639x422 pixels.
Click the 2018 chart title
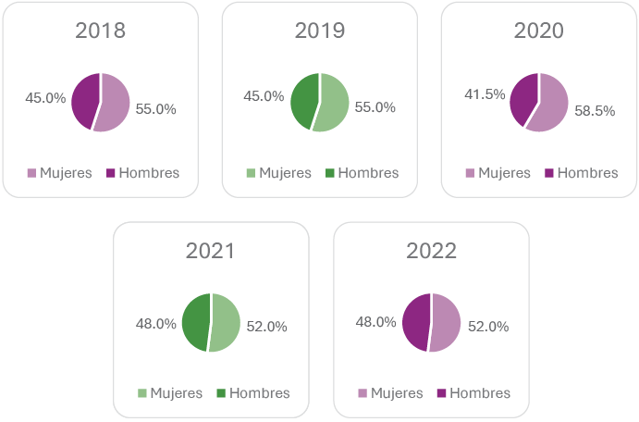click(x=100, y=31)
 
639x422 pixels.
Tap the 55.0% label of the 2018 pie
click(x=155, y=108)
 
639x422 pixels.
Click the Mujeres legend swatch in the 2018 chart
click(x=31, y=173)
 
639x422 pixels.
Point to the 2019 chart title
click(x=320, y=31)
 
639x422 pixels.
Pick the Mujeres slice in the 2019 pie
click(x=334, y=103)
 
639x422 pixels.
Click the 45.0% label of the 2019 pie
click(x=264, y=95)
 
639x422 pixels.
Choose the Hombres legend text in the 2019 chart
click(x=368, y=173)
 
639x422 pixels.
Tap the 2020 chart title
click(x=538, y=31)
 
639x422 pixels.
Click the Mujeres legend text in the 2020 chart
click(x=504, y=173)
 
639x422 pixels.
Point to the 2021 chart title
click(x=210, y=251)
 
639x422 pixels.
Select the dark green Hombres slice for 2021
click(x=195, y=321)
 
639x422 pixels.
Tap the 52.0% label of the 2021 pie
click(x=266, y=326)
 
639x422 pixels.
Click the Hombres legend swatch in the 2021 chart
click(x=221, y=393)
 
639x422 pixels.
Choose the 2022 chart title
click(x=431, y=251)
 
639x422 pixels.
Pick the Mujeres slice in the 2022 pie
click(x=445, y=323)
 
